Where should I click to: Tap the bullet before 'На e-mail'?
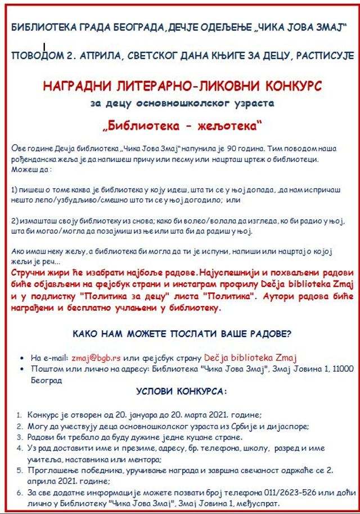[x=21, y=358]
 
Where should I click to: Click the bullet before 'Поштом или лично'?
[x=21, y=369]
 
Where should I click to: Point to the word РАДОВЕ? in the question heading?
[x=271, y=333]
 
